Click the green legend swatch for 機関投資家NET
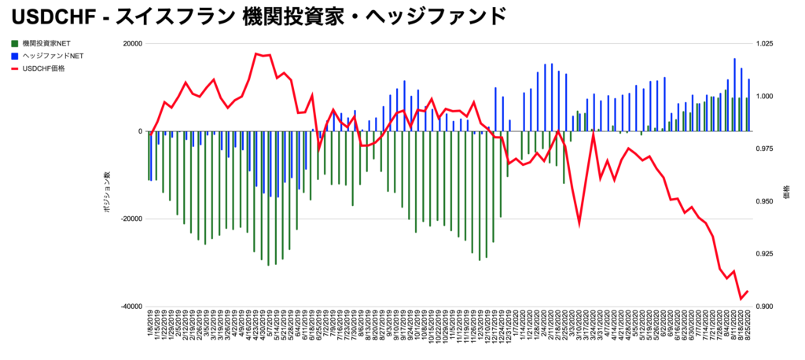15,43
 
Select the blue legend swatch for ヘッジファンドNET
15,56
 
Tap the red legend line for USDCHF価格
15,68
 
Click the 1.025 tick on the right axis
764,44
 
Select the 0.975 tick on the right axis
764,149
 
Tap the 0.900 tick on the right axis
764,307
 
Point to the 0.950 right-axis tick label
764,202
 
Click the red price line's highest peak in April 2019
256,53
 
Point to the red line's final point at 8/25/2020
748,292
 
